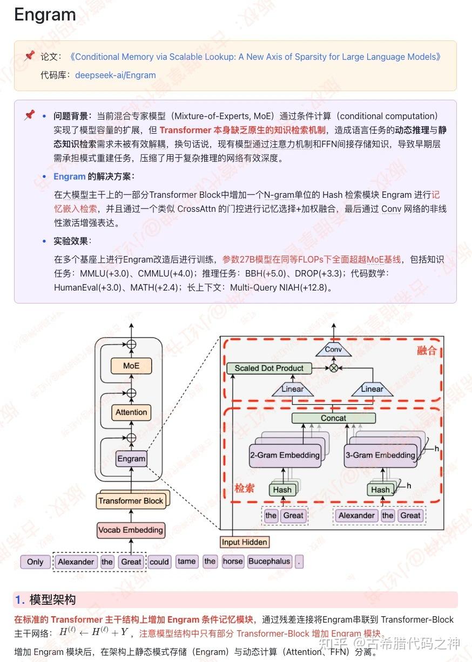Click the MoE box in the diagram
coord(131,366)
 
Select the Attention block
coord(131,412)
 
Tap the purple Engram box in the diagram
coord(131,459)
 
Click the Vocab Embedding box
coord(130,530)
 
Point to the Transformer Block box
coord(130,501)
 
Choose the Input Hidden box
coord(244,542)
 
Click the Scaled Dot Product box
coord(269,368)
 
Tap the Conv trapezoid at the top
coord(333,350)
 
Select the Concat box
coord(333,418)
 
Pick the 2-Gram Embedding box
coord(285,456)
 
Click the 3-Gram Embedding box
coord(380,456)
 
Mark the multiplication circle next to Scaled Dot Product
coord(333,368)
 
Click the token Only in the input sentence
coord(35,562)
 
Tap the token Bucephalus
coord(269,561)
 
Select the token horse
coord(233,561)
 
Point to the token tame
coord(186,561)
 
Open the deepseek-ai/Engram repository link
coord(115,75)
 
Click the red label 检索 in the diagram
coord(244,488)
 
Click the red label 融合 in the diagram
coord(427,350)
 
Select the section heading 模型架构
coord(52,599)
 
